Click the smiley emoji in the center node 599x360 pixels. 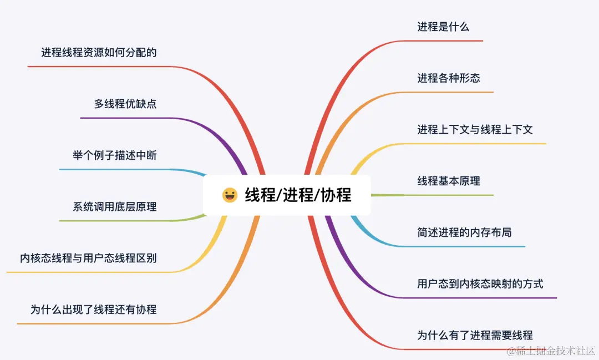(x=230, y=195)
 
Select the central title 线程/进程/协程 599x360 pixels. (x=298, y=195)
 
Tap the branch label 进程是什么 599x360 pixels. (x=443, y=27)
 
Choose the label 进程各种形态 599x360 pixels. (x=449, y=78)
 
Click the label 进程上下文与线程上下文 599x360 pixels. (x=475, y=130)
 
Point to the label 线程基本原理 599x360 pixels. (x=449, y=181)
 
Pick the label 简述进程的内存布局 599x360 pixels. (x=464, y=232)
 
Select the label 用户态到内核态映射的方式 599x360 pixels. (x=480, y=284)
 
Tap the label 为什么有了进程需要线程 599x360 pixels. (x=475, y=335)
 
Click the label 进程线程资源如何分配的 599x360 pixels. (x=99, y=53)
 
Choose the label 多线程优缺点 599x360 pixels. (x=125, y=104)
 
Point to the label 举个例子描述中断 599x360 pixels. (x=114, y=155)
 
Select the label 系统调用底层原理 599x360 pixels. (x=114, y=207)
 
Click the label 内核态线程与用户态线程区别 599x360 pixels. (x=88, y=258)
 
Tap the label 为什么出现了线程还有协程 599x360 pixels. (x=93, y=310)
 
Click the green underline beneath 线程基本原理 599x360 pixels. (x=444, y=195)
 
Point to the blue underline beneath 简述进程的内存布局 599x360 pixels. (x=460, y=246)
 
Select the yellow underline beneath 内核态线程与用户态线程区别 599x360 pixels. (x=89, y=272)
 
